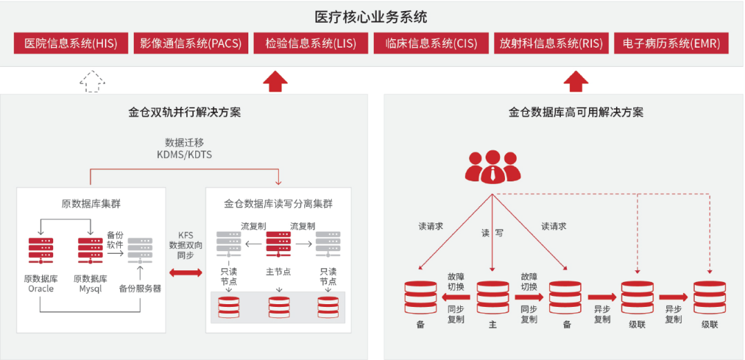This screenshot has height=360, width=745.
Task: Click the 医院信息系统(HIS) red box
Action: [x=71, y=43]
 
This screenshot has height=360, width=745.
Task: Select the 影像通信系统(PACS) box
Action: [x=190, y=43]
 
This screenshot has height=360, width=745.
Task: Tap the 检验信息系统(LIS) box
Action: [x=310, y=43]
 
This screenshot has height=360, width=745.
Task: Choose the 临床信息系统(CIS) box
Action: [x=431, y=43]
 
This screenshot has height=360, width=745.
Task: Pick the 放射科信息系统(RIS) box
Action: [x=551, y=43]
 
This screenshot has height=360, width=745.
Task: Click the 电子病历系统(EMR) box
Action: [x=671, y=43]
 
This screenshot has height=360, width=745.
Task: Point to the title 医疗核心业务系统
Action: [x=372, y=16]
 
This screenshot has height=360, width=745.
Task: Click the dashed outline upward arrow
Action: [x=92, y=81]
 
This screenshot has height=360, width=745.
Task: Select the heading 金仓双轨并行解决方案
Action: [x=184, y=112]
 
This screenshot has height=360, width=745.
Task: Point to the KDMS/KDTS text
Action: [x=184, y=154]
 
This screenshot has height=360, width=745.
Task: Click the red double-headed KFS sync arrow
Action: [x=186, y=274]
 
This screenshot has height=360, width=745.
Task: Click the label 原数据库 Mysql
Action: [x=90, y=283]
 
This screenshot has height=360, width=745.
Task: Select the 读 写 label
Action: [x=492, y=233]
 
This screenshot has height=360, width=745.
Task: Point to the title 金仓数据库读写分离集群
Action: [x=278, y=203]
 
